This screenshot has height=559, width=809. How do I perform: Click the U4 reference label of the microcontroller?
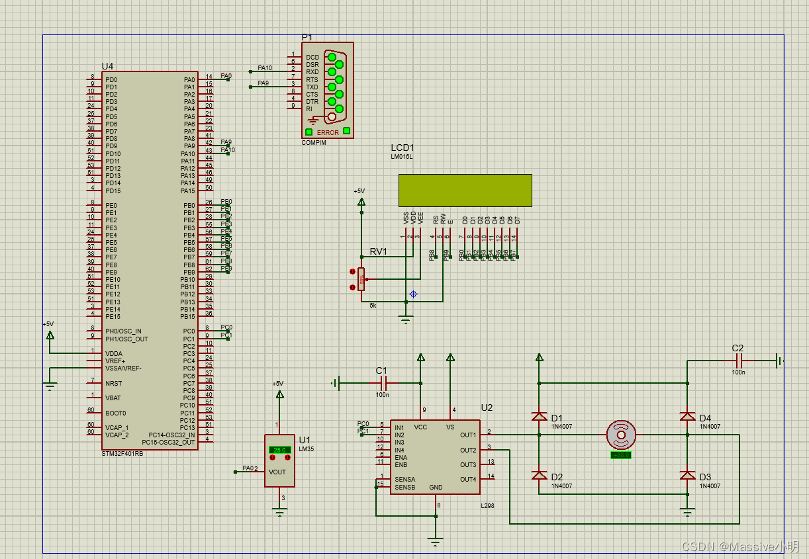pos(107,66)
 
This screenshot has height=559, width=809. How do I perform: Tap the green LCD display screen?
pos(465,190)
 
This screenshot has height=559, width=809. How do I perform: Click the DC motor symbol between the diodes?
pos(622,435)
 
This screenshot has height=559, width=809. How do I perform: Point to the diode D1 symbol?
pos(539,417)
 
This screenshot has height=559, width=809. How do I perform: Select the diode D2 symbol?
pos(539,476)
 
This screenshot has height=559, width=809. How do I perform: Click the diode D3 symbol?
pos(688,476)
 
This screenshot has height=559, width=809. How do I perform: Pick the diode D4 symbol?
pos(688,417)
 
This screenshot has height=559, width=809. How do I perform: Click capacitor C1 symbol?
pos(382,383)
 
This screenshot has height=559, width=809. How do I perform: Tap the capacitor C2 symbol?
pos(739,361)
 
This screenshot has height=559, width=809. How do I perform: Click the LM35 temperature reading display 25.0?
pos(279,450)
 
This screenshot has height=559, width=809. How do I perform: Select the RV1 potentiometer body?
pos(361,279)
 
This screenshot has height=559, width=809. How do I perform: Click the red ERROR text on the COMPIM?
pos(328,132)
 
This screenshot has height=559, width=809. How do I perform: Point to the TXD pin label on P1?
pos(312,87)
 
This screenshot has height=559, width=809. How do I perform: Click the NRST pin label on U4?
pos(113,383)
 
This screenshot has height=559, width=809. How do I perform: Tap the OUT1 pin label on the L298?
pos(467,435)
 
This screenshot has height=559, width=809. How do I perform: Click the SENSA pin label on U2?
pos(405,479)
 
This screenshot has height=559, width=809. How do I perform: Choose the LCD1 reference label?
pos(402,148)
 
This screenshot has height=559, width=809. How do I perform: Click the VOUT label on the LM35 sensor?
pos(277,472)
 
